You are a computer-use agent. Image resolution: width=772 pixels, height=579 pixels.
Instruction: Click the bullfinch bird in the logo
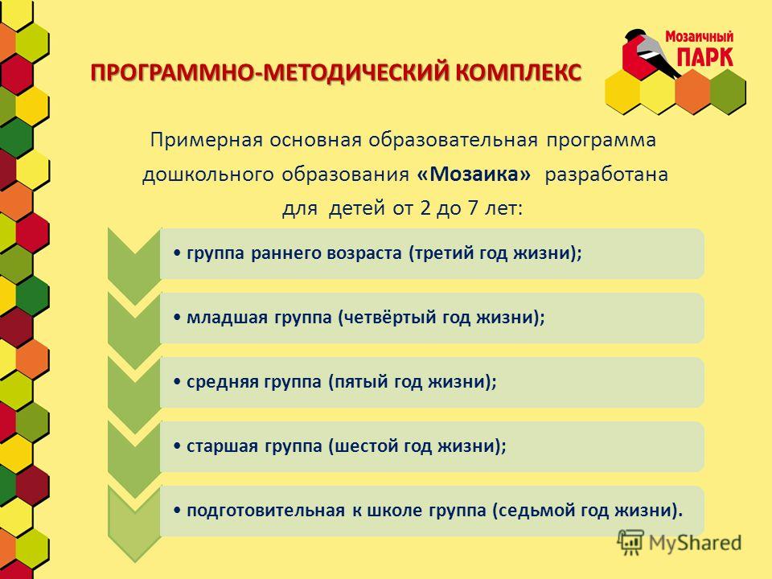pyautogui.click(x=651, y=53)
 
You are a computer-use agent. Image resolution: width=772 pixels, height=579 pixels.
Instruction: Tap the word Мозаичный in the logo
pyautogui.click(x=699, y=37)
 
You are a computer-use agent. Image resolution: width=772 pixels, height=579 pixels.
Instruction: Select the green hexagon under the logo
pyautogui.click(x=727, y=91)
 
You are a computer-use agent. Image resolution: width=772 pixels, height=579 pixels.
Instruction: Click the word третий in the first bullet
pyautogui.click(x=445, y=253)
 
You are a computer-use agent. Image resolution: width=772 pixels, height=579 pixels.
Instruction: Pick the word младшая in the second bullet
pyautogui.click(x=220, y=318)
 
